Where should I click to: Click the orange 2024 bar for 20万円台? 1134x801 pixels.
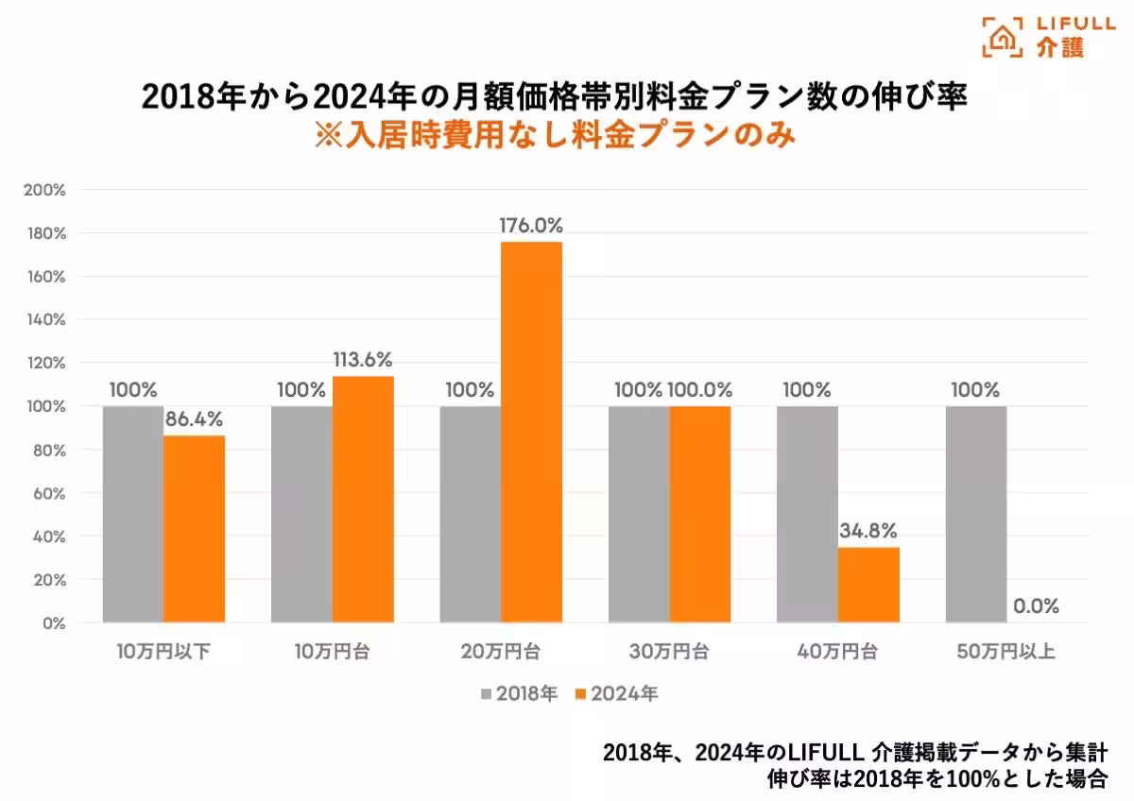tap(531, 432)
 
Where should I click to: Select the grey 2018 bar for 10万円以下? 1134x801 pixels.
tap(133, 514)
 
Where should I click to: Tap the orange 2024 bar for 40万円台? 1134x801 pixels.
tap(868, 585)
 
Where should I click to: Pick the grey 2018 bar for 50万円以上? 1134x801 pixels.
tap(976, 514)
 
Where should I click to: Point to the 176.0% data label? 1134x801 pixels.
tap(531, 226)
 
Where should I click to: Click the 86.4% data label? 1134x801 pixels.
tap(195, 420)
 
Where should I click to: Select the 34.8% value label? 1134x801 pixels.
tap(868, 532)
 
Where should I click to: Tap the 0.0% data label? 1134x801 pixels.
tap(1036, 606)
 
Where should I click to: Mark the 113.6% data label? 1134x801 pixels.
tap(362, 360)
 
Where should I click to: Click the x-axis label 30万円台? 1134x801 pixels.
tap(669, 652)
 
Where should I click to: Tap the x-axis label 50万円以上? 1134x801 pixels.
tap(1006, 652)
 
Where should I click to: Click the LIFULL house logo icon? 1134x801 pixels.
tap(1003, 36)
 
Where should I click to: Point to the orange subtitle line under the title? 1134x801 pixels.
tap(555, 134)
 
